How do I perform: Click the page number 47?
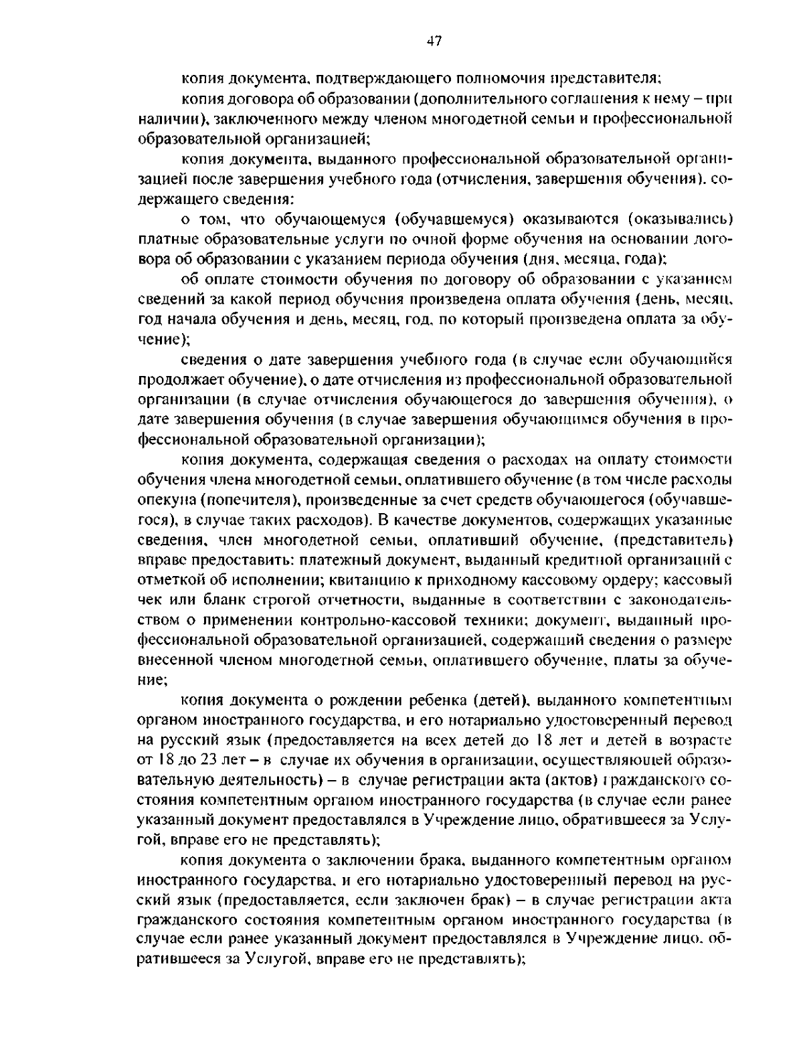point(434,41)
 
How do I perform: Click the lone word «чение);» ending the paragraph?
point(159,339)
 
